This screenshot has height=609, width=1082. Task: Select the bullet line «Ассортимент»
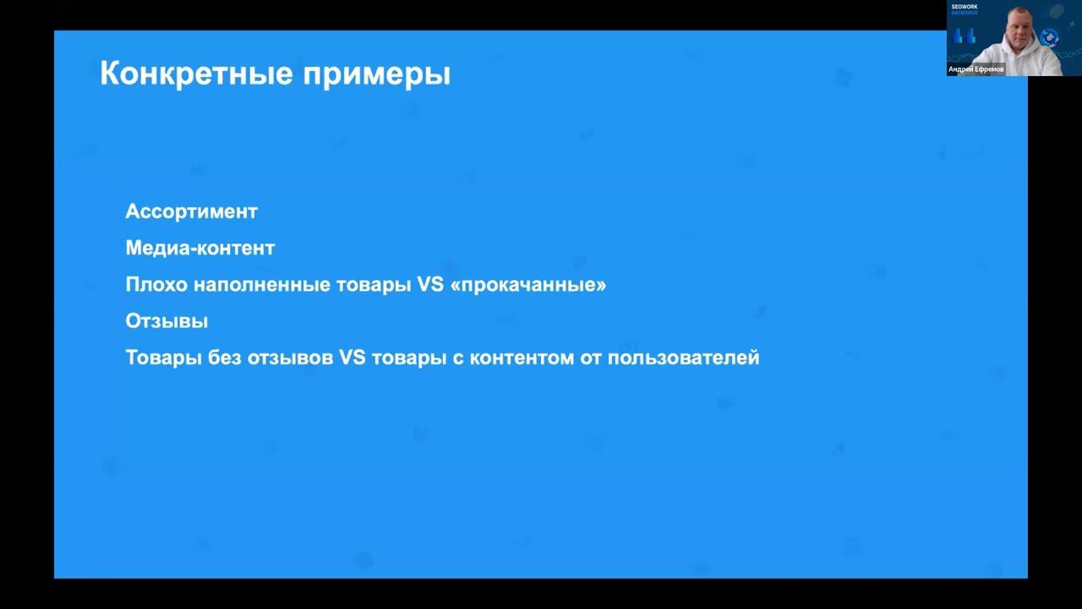click(191, 211)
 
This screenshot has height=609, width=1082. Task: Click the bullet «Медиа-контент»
click(199, 248)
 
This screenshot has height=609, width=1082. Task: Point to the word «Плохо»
click(156, 284)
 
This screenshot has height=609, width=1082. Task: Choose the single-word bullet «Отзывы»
click(167, 321)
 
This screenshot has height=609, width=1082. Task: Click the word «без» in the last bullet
click(224, 358)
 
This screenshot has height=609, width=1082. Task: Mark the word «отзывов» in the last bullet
click(290, 358)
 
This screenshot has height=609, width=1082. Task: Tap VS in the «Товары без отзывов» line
click(352, 358)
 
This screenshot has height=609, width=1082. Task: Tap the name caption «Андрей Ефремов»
click(976, 69)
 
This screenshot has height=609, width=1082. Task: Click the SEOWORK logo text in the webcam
click(965, 7)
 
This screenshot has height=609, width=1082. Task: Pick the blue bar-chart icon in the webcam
click(965, 36)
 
